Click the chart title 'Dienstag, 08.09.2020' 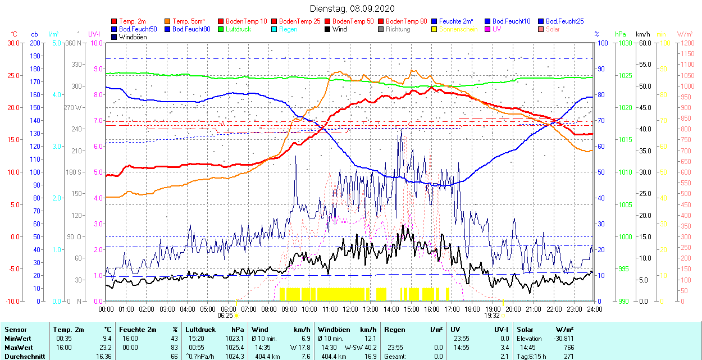(x=352, y=8)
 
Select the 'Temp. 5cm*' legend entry (x=189, y=21)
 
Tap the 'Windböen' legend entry (x=133, y=37)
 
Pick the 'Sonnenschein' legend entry (x=458, y=29)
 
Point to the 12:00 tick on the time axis (x=350, y=309)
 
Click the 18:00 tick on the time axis (x=472, y=309)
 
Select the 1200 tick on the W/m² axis (x=687, y=43)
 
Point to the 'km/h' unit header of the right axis (x=643, y=34)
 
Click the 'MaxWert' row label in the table (x=18, y=347)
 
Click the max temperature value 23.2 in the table (x=106, y=347)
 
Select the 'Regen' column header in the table (x=395, y=330)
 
